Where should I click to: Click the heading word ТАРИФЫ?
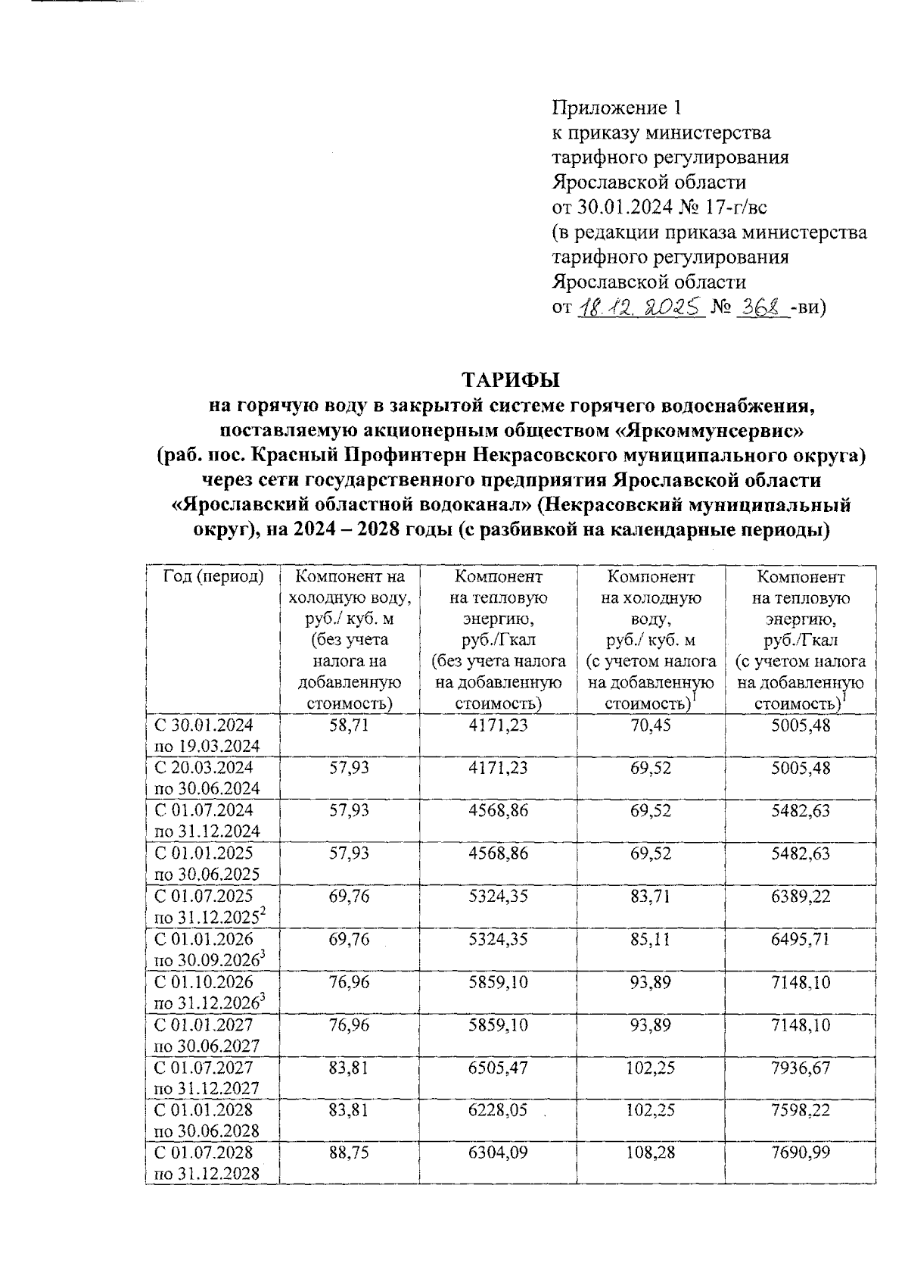510,379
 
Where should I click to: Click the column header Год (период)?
213,577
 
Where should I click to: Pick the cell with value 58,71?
350,725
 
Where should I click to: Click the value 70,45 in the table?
651,725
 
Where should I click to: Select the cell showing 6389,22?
801,897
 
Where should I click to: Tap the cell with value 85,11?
651,939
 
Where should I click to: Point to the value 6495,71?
801,939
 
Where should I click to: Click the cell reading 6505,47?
499,1068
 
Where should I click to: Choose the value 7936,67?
801,1068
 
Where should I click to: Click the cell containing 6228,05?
499,1110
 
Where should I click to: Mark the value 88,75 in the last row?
350,1153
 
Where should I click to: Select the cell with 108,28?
651,1153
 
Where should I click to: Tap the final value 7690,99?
801,1153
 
